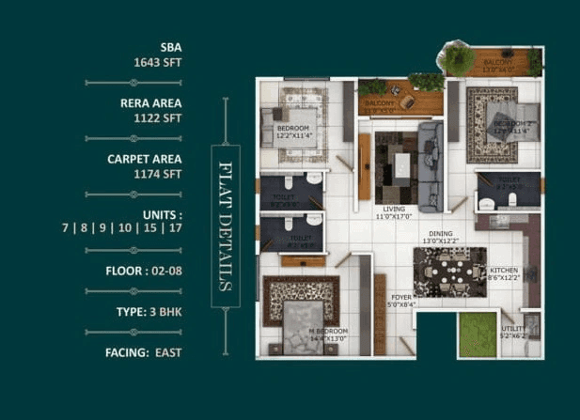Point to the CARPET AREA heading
pyautogui.click(x=144, y=159)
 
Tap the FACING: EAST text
pyautogui.click(x=144, y=352)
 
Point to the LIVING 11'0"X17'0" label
pyautogui.click(x=396, y=213)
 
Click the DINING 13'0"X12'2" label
pyautogui.click(x=440, y=238)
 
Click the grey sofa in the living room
pyautogui.click(x=429, y=166)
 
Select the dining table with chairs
pyautogui.click(x=449, y=270)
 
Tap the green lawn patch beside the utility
pyautogui.click(x=478, y=334)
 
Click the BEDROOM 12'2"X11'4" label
pyautogui.click(x=293, y=132)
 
